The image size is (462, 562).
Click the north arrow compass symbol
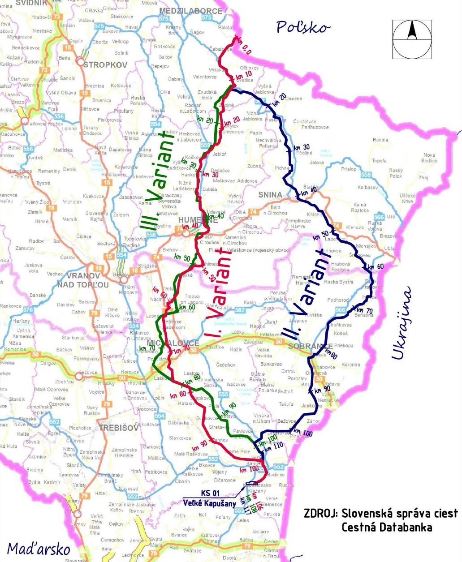tap(412, 39)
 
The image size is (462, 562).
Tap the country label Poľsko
tap(303, 27)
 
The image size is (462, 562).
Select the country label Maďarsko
tap(39, 549)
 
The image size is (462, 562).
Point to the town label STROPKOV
tap(105, 65)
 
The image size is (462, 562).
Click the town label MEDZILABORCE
tap(190, 11)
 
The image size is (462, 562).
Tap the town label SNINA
tap(270, 195)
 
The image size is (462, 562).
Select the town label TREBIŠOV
tap(119, 428)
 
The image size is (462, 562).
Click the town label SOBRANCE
tap(311, 347)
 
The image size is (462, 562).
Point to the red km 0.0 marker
tap(243, 46)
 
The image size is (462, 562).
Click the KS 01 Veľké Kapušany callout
tap(209, 498)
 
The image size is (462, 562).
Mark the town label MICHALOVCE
tap(173, 343)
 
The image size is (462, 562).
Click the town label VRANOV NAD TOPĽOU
tap(83, 280)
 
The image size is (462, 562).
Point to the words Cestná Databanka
tap(387, 527)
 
